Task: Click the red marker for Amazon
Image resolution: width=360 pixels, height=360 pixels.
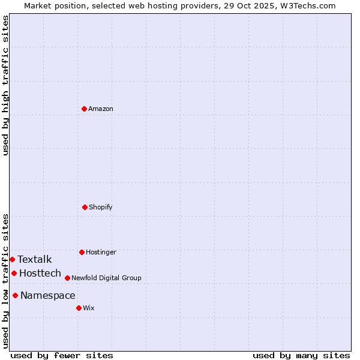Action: pyautogui.click(x=85, y=109)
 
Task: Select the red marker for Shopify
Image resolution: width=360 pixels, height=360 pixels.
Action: pyautogui.click(x=85, y=207)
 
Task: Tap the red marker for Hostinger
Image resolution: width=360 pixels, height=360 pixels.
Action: pyautogui.click(x=82, y=252)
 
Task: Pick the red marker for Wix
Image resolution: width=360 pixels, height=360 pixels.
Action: pyautogui.click(x=79, y=308)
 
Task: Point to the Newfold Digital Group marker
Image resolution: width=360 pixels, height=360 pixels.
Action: pyautogui.click(x=67, y=278)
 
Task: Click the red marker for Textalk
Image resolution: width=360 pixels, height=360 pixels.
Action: pyautogui.click(x=12, y=259)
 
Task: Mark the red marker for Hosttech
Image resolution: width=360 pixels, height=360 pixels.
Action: pyautogui.click(x=14, y=273)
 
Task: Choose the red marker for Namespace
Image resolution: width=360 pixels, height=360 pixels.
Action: pyautogui.click(x=15, y=295)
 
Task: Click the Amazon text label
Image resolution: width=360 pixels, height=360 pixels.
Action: pyautogui.click(x=101, y=109)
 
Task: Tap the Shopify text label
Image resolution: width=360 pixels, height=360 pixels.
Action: pyautogui.click(x=101, y=207)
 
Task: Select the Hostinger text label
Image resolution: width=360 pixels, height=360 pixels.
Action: pyautogui.click(x=101, y=252)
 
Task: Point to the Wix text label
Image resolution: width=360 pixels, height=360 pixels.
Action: pyautogui.click(x=89, y=308)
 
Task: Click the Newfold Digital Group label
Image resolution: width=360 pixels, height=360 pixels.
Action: pyautogui.click(x=107, y=278)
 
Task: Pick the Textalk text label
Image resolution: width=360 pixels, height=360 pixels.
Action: pyautogui.click(x=35, y=259)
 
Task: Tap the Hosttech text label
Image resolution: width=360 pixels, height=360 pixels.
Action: pyautogui.click(x=40, y=273)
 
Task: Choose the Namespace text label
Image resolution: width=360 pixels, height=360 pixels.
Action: pyautogui.click(x=48, y=295)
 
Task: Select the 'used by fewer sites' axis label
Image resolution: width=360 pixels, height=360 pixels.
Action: pyautogui.click(x=62, y=355)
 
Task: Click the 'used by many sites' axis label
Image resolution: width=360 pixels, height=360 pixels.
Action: pyautogui.click(x=301, y=355)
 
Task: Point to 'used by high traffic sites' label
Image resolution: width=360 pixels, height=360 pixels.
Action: pyautogui.click(x=5, y=85)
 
